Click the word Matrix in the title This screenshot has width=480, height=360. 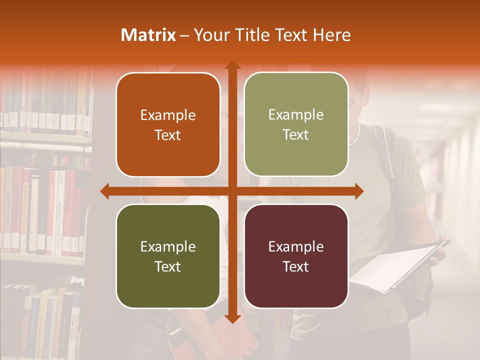click(148, 35)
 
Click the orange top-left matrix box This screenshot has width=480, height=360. click(168, 124)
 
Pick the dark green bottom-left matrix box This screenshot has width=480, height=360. click(168, 256)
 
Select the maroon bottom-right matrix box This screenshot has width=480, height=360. click(296, 256)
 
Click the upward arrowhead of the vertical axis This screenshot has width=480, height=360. click(232, 65)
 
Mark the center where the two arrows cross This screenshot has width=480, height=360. click(232, 191)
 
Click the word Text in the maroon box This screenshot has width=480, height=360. click(296, 266)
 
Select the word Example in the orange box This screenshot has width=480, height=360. click(168, 115)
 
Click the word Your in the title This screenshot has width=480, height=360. click(210, 35)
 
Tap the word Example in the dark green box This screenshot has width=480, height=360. click(168, 246)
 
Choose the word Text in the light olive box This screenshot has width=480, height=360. click(296, 134)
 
